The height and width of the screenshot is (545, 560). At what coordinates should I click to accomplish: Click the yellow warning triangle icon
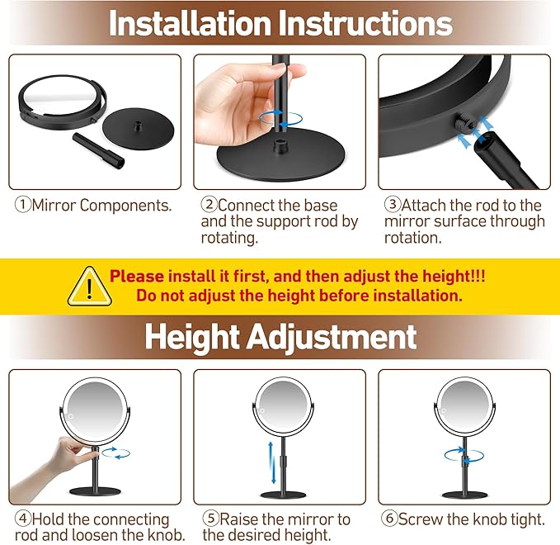89,287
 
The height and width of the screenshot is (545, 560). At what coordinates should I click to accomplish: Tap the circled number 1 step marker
23,204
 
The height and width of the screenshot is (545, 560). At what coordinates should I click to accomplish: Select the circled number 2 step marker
209,204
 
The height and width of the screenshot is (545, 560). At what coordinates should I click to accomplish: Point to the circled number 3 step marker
393,204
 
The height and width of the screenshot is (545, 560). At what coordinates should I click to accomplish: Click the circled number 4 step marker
23,519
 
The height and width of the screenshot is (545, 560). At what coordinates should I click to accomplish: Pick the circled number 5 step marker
210,519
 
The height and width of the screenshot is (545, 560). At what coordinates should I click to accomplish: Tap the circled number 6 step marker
389,519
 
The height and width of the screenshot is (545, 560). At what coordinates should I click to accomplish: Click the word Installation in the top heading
191,23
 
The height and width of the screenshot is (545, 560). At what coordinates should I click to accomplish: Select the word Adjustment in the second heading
332,337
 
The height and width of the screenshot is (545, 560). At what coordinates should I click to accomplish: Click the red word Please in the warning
137,277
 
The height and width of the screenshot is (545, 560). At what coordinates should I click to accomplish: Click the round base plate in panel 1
138,128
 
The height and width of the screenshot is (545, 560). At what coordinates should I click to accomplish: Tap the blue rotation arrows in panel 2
280,118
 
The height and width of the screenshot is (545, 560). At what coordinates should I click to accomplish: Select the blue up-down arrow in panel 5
272,462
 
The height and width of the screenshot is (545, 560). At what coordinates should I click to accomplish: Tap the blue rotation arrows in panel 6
464,455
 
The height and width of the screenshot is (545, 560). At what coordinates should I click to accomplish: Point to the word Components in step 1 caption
125,206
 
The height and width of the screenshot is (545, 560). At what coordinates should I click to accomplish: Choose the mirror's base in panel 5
283,495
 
